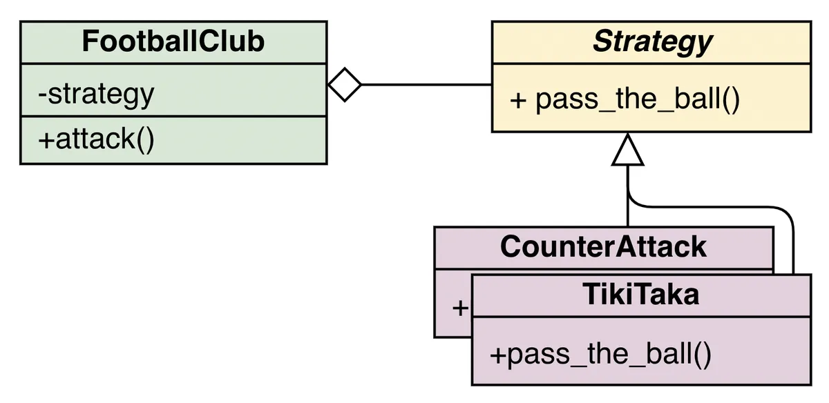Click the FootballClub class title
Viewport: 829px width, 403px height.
(x=173, y=41)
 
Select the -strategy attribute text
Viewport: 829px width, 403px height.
(x=96, y=93)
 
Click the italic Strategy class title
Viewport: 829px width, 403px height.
(x=652, y=42)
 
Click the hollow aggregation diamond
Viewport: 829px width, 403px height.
(x=344, y=85)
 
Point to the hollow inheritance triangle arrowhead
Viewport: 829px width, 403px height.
(x=627, y=150)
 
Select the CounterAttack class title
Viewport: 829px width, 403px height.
(x=603, y=246)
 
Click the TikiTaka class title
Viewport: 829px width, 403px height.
(x=640, y=295)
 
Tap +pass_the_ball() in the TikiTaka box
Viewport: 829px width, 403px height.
(x=600, y=355)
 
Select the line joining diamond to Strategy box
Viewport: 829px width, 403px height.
(x=426, y=85)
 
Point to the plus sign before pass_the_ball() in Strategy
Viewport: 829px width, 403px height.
(x=518, y=100)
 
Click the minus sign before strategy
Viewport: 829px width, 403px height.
(x=42, y=94)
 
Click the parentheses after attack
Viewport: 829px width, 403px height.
(x=144, y=139)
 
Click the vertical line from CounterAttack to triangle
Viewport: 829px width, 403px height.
(x=627, y=207)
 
